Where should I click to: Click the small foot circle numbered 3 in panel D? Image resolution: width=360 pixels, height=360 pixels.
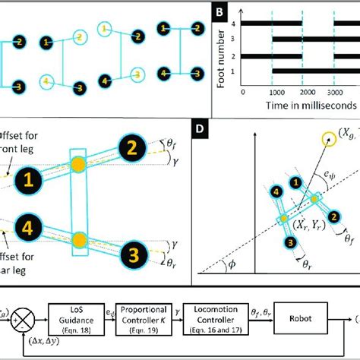click(289, 242)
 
